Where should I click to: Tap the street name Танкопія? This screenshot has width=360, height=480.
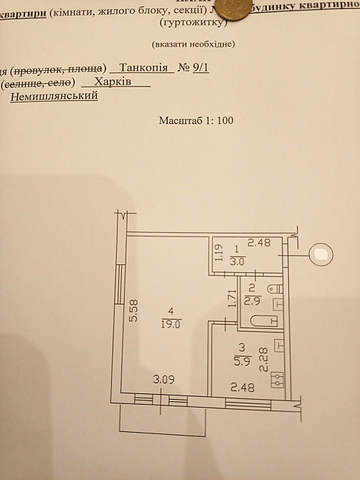point(145,68)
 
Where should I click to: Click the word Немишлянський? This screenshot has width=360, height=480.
point(54,95)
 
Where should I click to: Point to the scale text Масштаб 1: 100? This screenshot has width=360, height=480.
point(196,120)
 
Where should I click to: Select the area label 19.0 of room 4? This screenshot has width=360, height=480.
point(171,323)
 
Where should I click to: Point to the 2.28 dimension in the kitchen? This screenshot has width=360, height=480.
point(263,358)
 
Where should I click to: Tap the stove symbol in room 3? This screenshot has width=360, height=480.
point(276,381)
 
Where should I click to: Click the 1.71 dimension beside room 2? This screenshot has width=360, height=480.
point(230,297)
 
